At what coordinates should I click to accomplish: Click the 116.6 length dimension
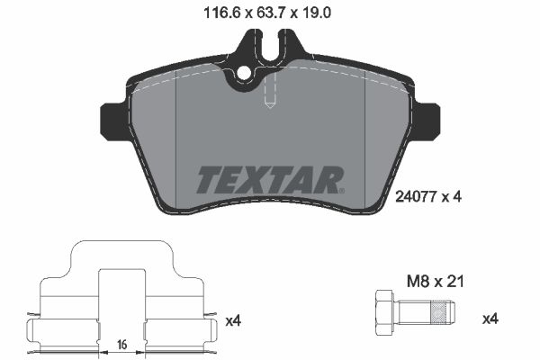point(222,13)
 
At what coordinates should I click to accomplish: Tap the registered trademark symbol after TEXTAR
point(339,190)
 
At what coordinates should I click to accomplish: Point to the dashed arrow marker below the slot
point(269,100)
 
